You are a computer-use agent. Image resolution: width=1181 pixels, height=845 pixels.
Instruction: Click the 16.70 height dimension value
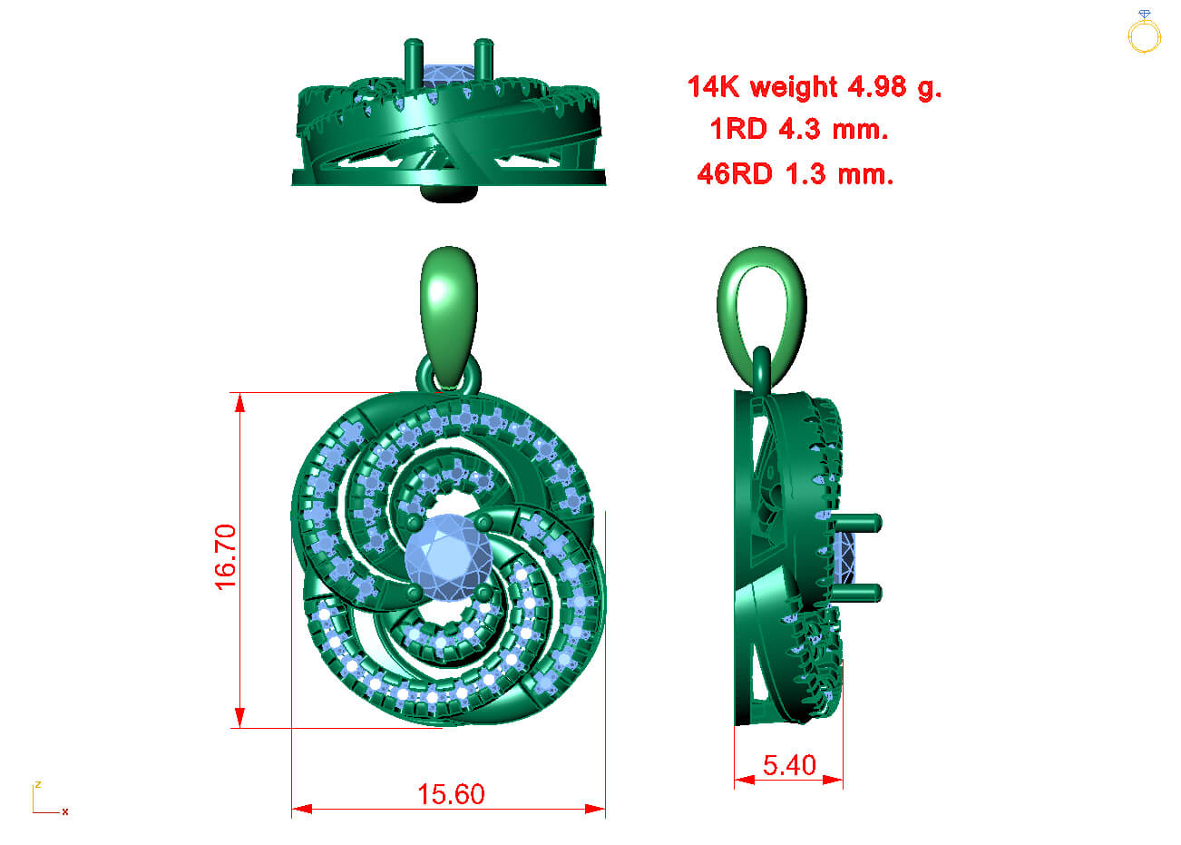pyautogui.click(x=225, y=557)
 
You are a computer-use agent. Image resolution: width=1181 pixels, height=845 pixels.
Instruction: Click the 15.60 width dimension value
pyautogui.click(x=452, y=794)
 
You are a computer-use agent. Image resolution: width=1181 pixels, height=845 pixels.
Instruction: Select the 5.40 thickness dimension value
pyautogui.click(x=790, y=765)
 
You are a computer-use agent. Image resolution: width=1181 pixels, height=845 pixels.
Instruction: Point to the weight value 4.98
pyautogui.click(x=877, y=87)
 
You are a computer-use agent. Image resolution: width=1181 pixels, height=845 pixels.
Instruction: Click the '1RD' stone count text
pyautogui.click(x=738, y=129)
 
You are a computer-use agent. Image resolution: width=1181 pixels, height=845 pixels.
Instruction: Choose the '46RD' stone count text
pyautogui.click(x=735, y=174)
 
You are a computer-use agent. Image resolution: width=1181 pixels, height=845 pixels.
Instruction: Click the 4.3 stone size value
pyautogui.click(x=799, y=129)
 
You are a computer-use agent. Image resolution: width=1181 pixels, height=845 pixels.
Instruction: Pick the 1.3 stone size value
pyautogui.click(x=805, y=174)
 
